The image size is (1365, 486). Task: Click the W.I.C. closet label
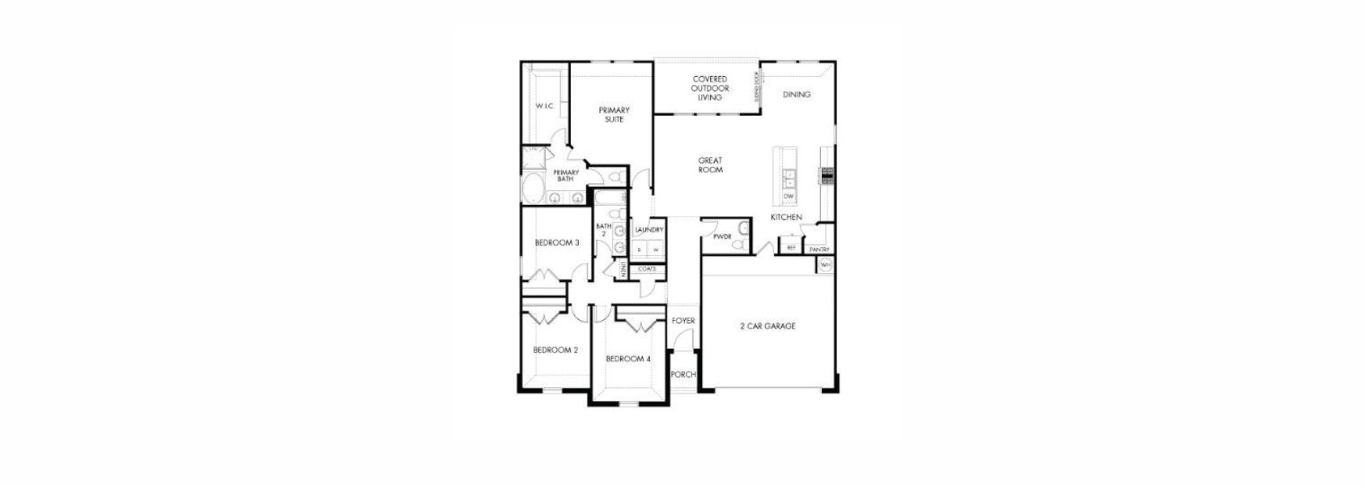544,106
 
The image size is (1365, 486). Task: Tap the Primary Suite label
614,114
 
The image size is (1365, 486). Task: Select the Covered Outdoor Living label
709,88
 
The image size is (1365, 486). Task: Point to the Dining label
797,95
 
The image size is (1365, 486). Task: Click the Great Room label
710,165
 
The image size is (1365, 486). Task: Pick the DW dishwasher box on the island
789,197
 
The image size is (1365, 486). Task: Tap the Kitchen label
786,217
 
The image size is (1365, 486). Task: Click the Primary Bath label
566,175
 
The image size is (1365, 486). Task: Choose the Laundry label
649,230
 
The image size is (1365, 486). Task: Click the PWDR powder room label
722,237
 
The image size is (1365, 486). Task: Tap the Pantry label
819,249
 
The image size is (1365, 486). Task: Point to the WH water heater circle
825,265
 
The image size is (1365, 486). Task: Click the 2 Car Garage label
768,326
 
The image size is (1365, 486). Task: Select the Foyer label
683,321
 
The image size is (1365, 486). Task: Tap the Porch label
683,374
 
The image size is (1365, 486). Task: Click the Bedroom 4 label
628,359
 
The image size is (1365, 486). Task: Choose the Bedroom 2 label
555,351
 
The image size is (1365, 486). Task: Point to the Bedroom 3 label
557,243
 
